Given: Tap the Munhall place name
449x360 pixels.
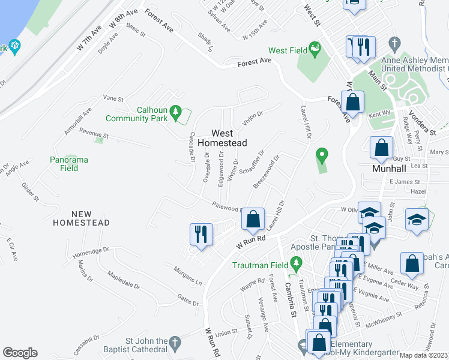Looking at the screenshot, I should coord(381,169).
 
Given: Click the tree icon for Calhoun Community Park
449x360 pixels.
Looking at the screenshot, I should coord(175,111).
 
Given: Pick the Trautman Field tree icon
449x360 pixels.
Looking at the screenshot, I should coord(295,262).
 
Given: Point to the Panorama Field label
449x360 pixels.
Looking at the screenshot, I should coord(69,164).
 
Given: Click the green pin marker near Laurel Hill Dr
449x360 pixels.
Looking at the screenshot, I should coord(322,156).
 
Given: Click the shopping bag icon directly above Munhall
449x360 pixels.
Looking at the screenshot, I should coord(382,148).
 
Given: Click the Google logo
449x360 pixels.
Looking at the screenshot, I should coord(20,353).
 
